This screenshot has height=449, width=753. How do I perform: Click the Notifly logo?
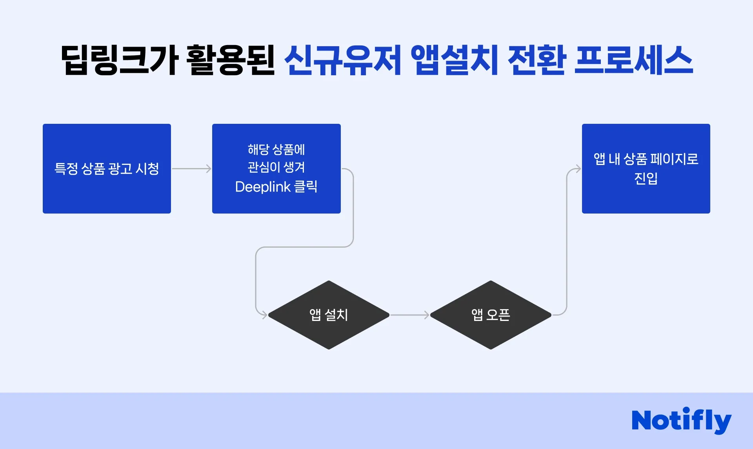tap(681, 420)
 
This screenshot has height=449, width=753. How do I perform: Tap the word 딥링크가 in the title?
tap(120, 60)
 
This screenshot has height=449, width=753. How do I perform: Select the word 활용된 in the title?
tap(230, 60)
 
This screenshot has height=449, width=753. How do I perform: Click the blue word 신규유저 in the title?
tap(342, 60)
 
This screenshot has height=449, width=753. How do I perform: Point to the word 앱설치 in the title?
tap(454, 60)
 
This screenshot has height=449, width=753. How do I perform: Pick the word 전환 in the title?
tap(537, 60)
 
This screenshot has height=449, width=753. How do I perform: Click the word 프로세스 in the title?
tap(633, 60)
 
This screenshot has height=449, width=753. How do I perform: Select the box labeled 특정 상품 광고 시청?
tap(107, 168)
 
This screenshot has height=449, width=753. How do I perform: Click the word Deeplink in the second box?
tap(263, 187)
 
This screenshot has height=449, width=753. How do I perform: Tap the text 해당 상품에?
tap(276, 149)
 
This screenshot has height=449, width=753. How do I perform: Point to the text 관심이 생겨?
tap(276, 167)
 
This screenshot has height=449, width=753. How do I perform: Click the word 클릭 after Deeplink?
tap(306, 187)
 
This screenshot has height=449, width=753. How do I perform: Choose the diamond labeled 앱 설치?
tap(329, 315)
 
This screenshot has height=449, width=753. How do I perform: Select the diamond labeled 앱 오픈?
tap(491, 315)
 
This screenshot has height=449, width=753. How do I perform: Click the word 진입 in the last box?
tap(646, 178)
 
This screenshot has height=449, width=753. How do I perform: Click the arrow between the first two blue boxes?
tap(191, 169)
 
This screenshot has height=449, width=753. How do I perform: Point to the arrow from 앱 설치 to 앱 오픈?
tap(410, 315)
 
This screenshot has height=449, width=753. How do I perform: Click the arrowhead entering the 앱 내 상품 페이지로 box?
tap(578, 169)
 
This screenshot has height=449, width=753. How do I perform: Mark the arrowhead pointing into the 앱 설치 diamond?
tap(264, 315)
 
